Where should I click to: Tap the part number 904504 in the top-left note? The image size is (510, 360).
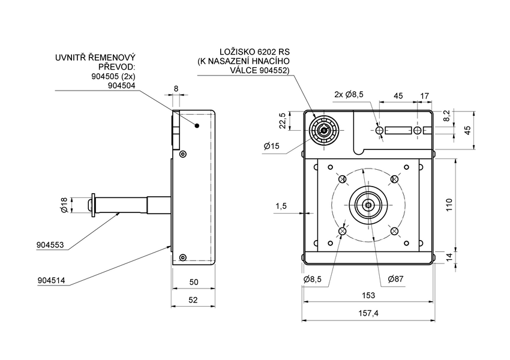[121, 86]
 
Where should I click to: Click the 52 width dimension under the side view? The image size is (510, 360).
[194, 300]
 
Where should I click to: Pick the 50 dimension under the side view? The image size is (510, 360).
[194, 282]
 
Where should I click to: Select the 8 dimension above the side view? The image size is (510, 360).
[176, 89]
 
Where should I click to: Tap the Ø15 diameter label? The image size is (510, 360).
[272, 146]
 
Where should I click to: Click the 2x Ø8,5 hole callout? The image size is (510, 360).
[349, 94]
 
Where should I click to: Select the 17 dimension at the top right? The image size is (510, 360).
[425, 95]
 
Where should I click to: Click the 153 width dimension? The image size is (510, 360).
[368, 295]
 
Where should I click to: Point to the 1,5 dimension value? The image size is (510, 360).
[281, 206]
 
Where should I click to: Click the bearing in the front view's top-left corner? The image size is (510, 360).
[324, 130]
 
